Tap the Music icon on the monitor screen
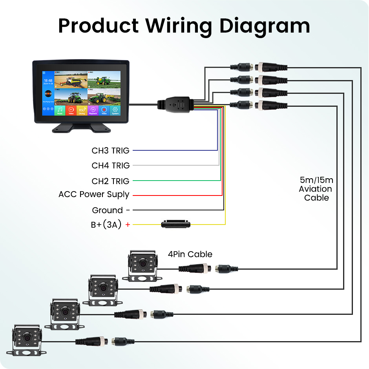point(60,110)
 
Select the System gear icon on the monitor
point(115,110)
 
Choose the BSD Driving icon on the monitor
point(82,110)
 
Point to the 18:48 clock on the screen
point(48,80)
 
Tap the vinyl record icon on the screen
point(48,94)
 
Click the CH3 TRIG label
point(110,150)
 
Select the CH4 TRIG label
point(110,166)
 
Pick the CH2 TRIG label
point(110,181)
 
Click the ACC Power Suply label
point(94,194)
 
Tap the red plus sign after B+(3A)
point(127,225)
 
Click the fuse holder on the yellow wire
point(176,224)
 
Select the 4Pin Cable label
point(190,254)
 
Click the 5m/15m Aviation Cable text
point(316,189)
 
